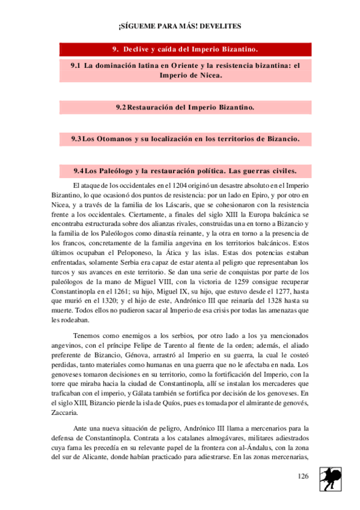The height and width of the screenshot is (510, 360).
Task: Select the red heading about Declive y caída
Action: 186,49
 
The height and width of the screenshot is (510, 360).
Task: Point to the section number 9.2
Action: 121,107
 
